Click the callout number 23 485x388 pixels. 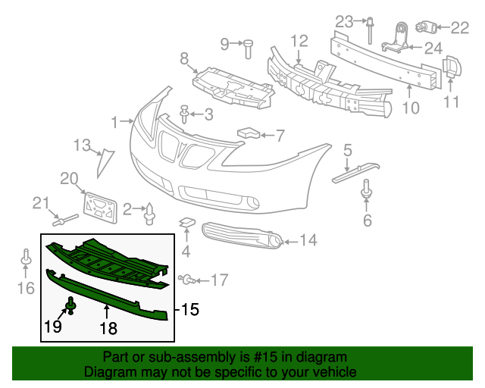(345, 20)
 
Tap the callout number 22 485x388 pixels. (460, 28)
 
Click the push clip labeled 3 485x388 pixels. (184, 115)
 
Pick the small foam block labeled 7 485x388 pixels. (249, 133)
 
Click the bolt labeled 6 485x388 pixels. (368, 190)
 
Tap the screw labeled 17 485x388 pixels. (186, 280)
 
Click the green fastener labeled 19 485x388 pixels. (71, 305)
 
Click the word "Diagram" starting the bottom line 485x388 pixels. (111, 373)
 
